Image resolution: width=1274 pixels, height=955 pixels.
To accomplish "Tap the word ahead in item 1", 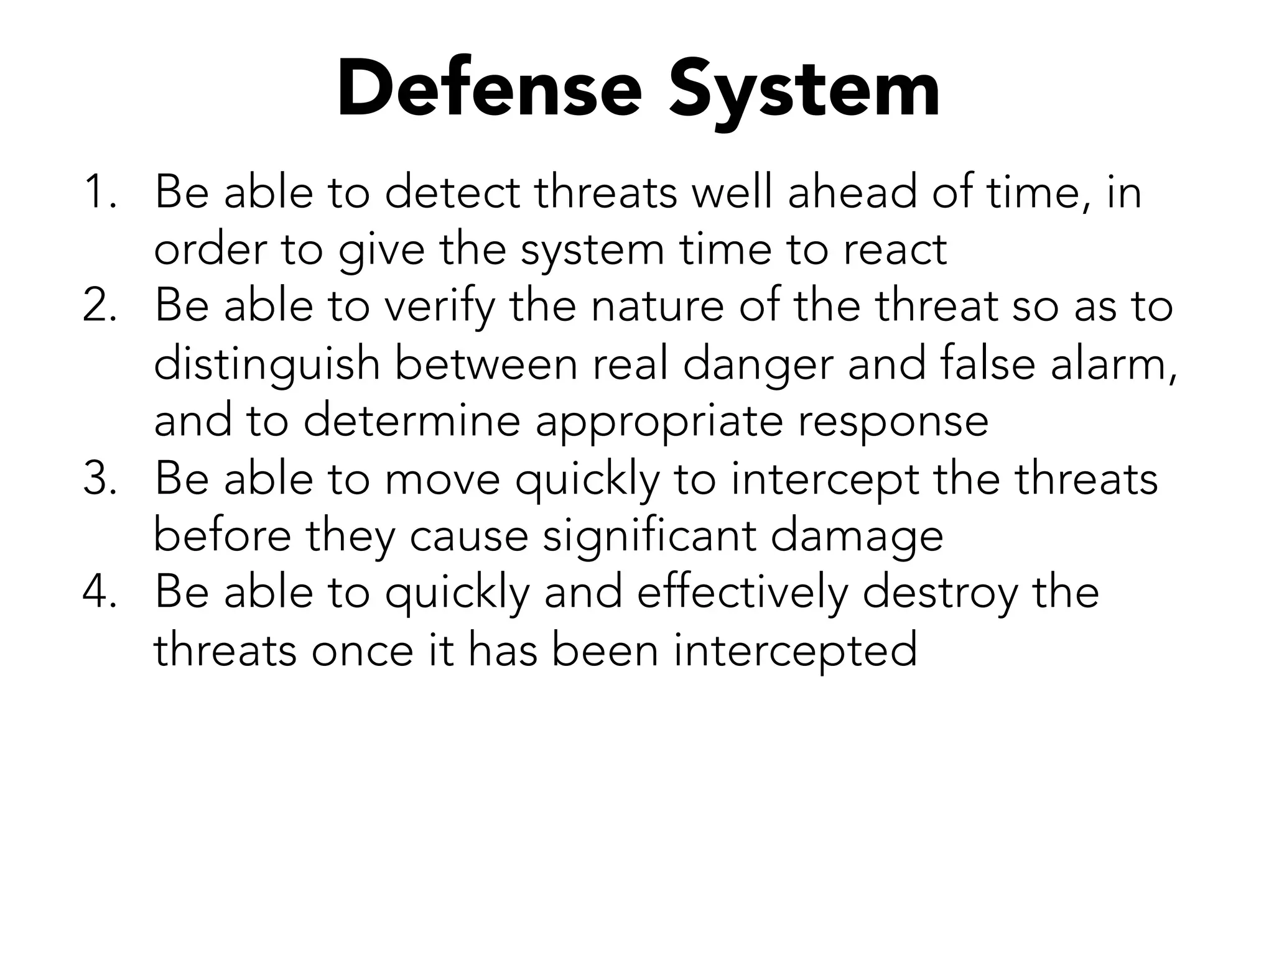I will point(852,192).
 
